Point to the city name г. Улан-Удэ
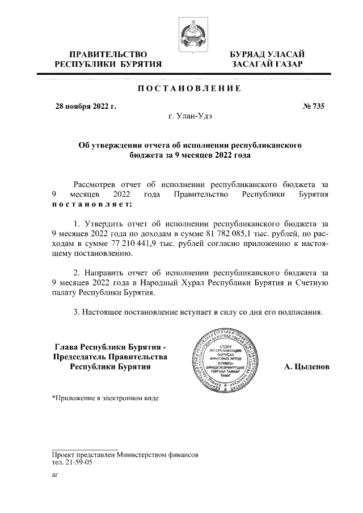coord(190,116)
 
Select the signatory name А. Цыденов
coord(306,367)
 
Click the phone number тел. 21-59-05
coord(71,462)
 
